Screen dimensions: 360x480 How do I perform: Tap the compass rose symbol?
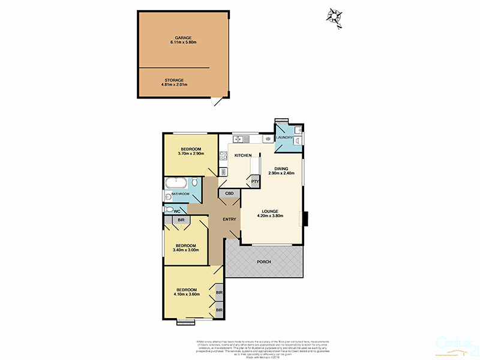click(x=334, y=16)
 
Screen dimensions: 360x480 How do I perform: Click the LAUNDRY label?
click(x=285, y=138)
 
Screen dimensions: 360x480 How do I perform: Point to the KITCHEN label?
click(x=242, y=155)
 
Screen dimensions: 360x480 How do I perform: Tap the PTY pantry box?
click(x=255, y=181)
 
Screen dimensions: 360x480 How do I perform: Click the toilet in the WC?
click(x=169, y=210)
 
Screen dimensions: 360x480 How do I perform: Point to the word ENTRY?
click(x=229, y=219)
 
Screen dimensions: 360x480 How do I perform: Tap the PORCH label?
click(x=265, y=261)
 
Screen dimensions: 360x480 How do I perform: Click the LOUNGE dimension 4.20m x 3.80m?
click(x=271, y=216)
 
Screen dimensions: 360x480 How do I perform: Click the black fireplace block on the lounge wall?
click(x=306, y=219)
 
